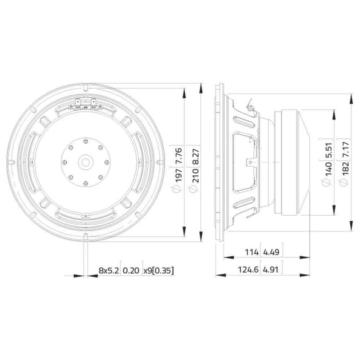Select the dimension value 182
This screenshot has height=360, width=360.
click(x=344, y=169)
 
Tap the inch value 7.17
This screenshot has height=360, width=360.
click(x=344, y=149)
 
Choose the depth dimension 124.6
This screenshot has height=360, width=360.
click(x=248, y=269)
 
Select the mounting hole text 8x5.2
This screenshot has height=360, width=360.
click(x=108, y=270)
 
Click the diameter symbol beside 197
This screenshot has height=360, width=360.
click(x=176, y=189)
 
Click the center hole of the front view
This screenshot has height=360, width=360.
click(x=86, y=162)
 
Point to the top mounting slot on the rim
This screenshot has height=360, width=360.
click(x=85, y=87)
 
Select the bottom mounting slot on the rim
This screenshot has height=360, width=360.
click(x=86, y=236)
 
